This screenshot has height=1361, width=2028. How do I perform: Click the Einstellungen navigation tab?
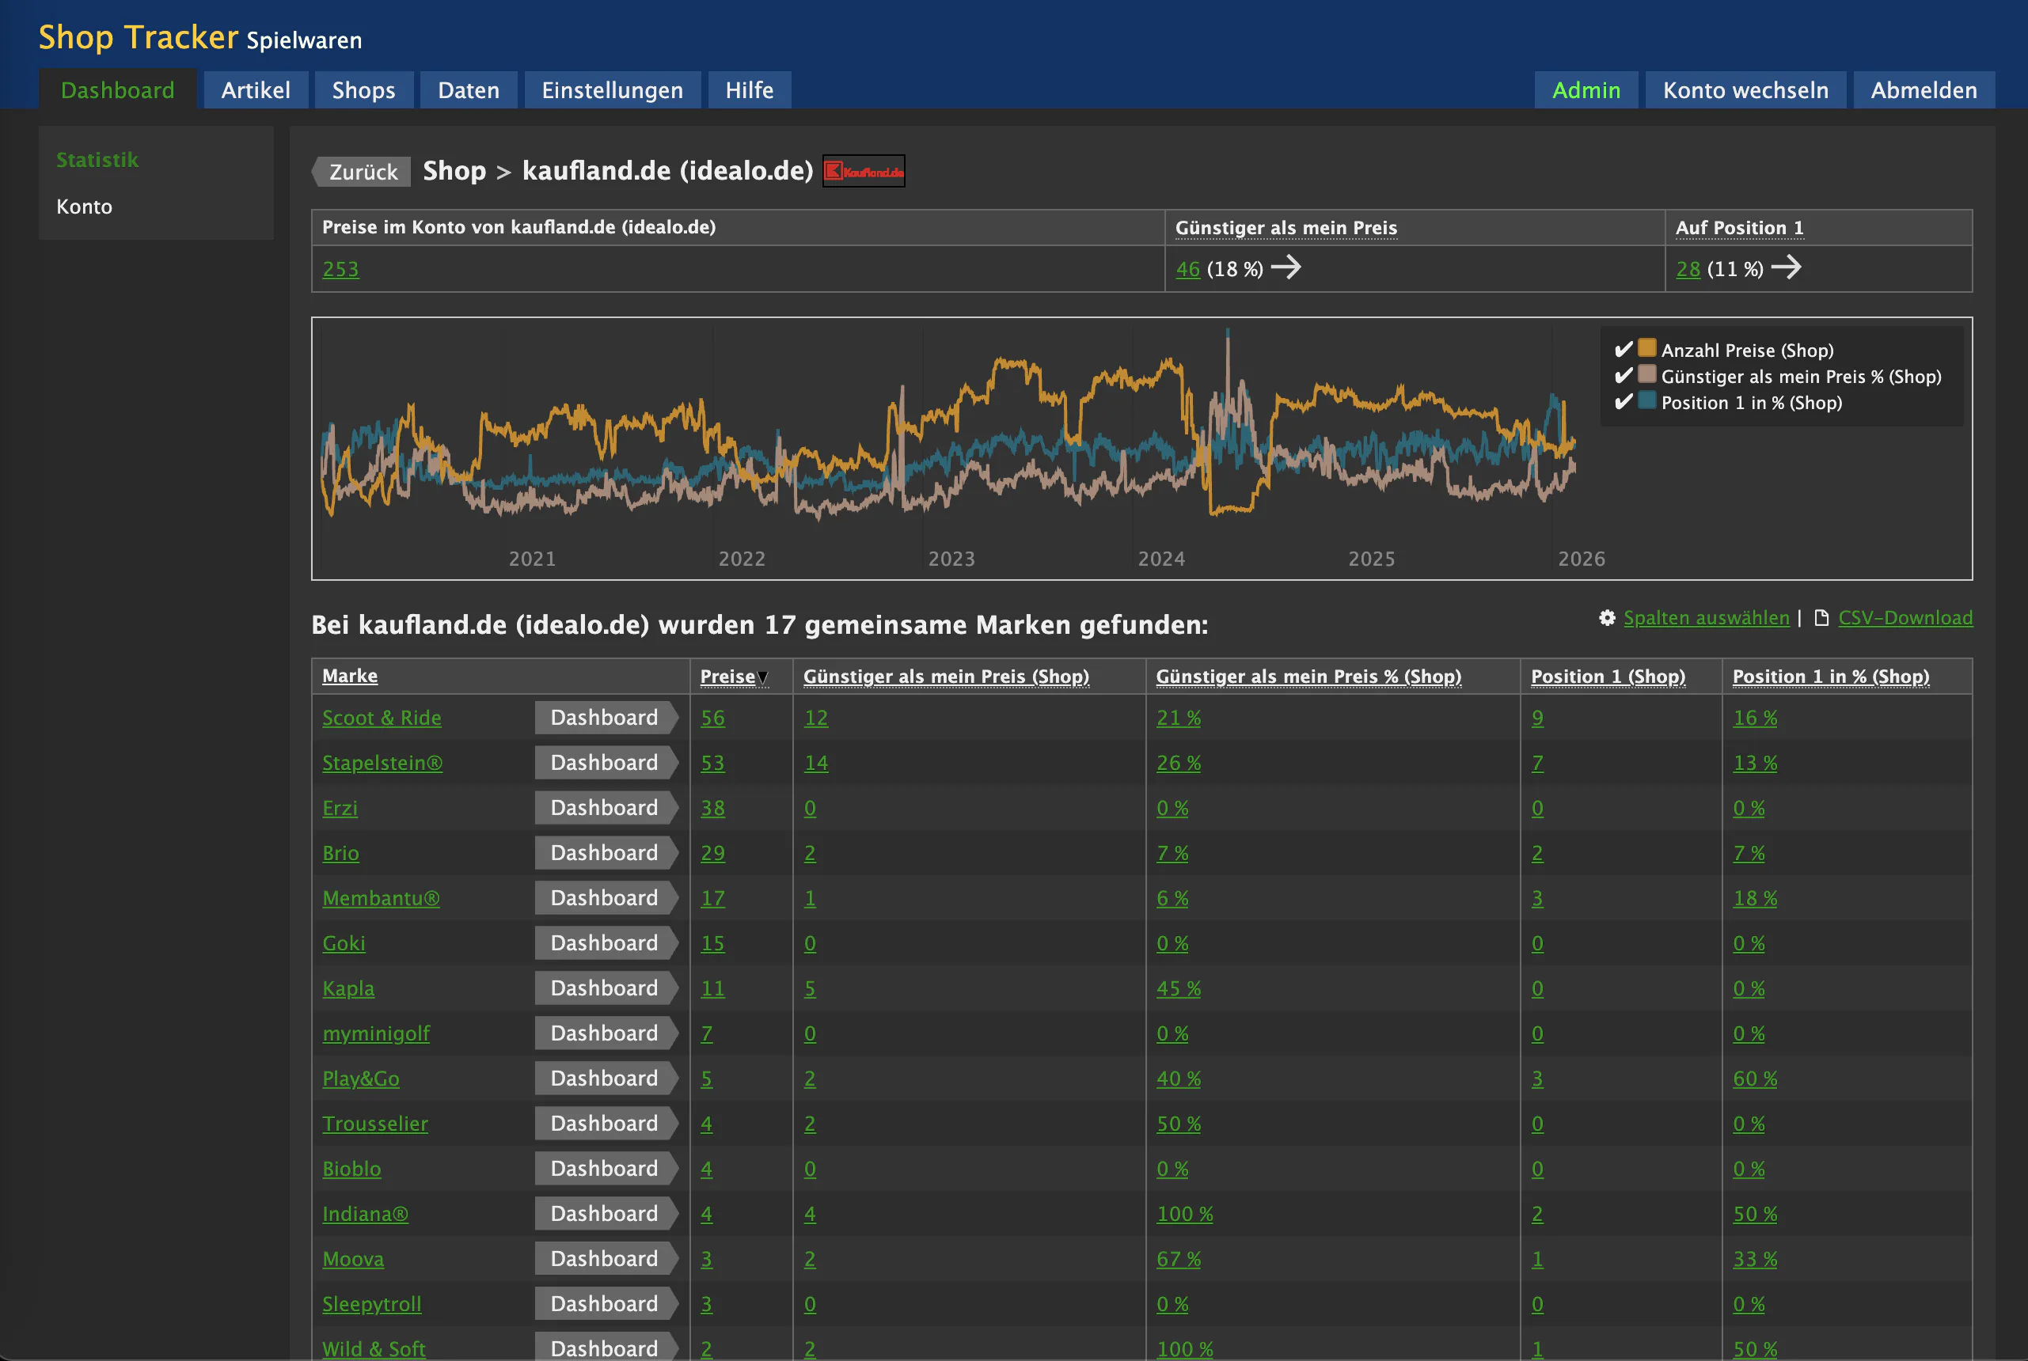tap(612, 90)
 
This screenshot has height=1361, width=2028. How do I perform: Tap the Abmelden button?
tap(1923, 90)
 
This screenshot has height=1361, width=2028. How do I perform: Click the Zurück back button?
tap(361, 172)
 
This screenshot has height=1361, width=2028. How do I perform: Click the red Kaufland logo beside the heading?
tap(863, 171)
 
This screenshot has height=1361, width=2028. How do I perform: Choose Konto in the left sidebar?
tap(84, 207)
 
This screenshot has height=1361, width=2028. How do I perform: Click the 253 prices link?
tap(340, 269)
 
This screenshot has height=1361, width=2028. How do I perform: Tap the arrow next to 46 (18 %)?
tap(1286, 267)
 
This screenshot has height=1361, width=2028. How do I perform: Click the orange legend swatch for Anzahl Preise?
tap(1647, 348)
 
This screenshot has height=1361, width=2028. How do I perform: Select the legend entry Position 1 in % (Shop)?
tap(1751, 403)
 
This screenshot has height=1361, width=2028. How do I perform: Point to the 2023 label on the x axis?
tap(951, 559)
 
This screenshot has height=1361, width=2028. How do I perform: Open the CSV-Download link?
tap(1905, 618)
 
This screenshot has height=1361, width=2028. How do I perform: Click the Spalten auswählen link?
tap(1706, 618)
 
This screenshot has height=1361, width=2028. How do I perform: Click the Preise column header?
tap(727, 677)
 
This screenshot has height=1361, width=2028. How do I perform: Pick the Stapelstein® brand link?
tap(382, 763)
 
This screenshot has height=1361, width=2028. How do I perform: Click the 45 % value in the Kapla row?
tap(1178, 988)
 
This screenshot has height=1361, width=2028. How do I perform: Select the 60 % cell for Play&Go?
tap(1755, 1079)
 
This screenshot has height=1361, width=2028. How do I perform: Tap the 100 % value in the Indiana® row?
tap(1184, 1215)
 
